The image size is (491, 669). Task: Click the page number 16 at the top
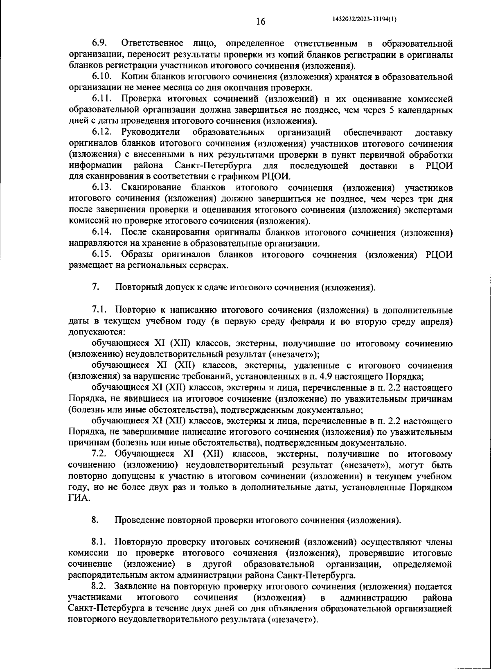pos(261,22)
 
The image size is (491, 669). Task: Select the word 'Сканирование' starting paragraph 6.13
pos(151,188)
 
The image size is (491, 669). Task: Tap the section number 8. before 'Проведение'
pos(95,520)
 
